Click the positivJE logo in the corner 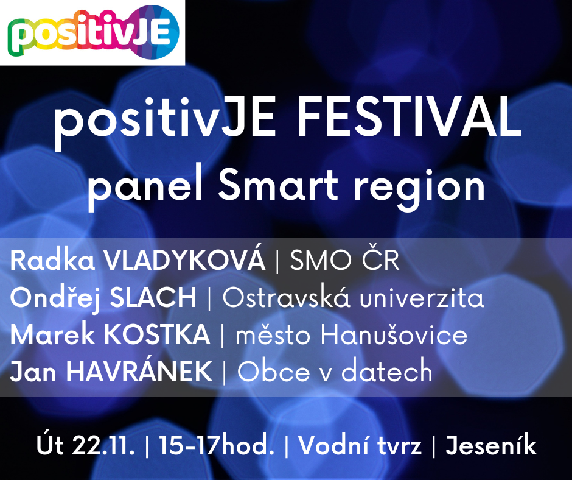pyautogui.click(x=93, y=32)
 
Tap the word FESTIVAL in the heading pyautogui.click(x=409, y=116)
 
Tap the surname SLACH pyautogui.click(x=153, y=297)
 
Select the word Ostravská pyautogui.click(x=287, y=297)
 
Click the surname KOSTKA pyautogui.click(x=157, y=334)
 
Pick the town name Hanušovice pyautogui.click(x=394, y=334)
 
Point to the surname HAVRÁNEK pyautogui.click(x=139, y=372)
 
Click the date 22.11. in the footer pyautogui.click(x=103, y=446)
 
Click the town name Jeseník pyautogui.click(x=491, y=445)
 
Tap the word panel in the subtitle pyautogui.click(x=145, y=186)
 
